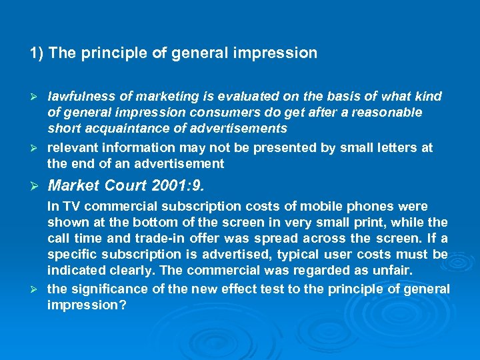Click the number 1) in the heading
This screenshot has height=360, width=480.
pos(37,53)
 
